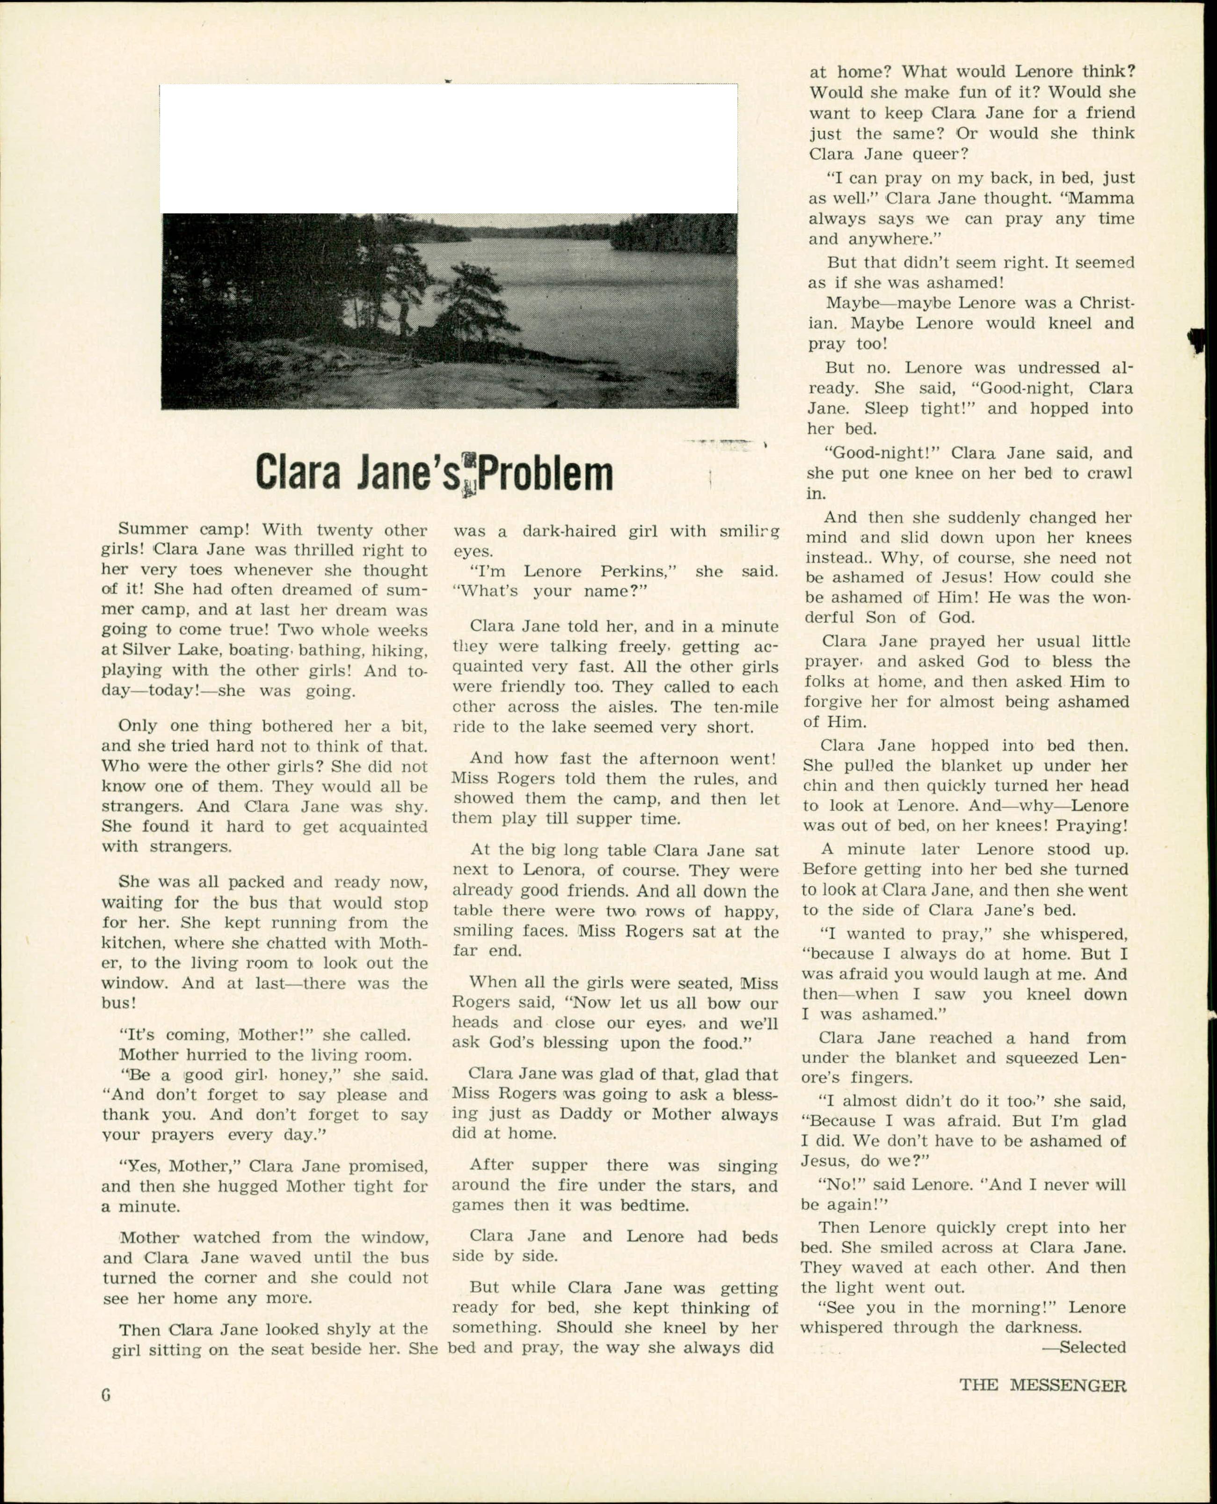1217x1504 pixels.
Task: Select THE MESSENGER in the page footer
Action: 1042,1385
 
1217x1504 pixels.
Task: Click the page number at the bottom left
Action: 106,1394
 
